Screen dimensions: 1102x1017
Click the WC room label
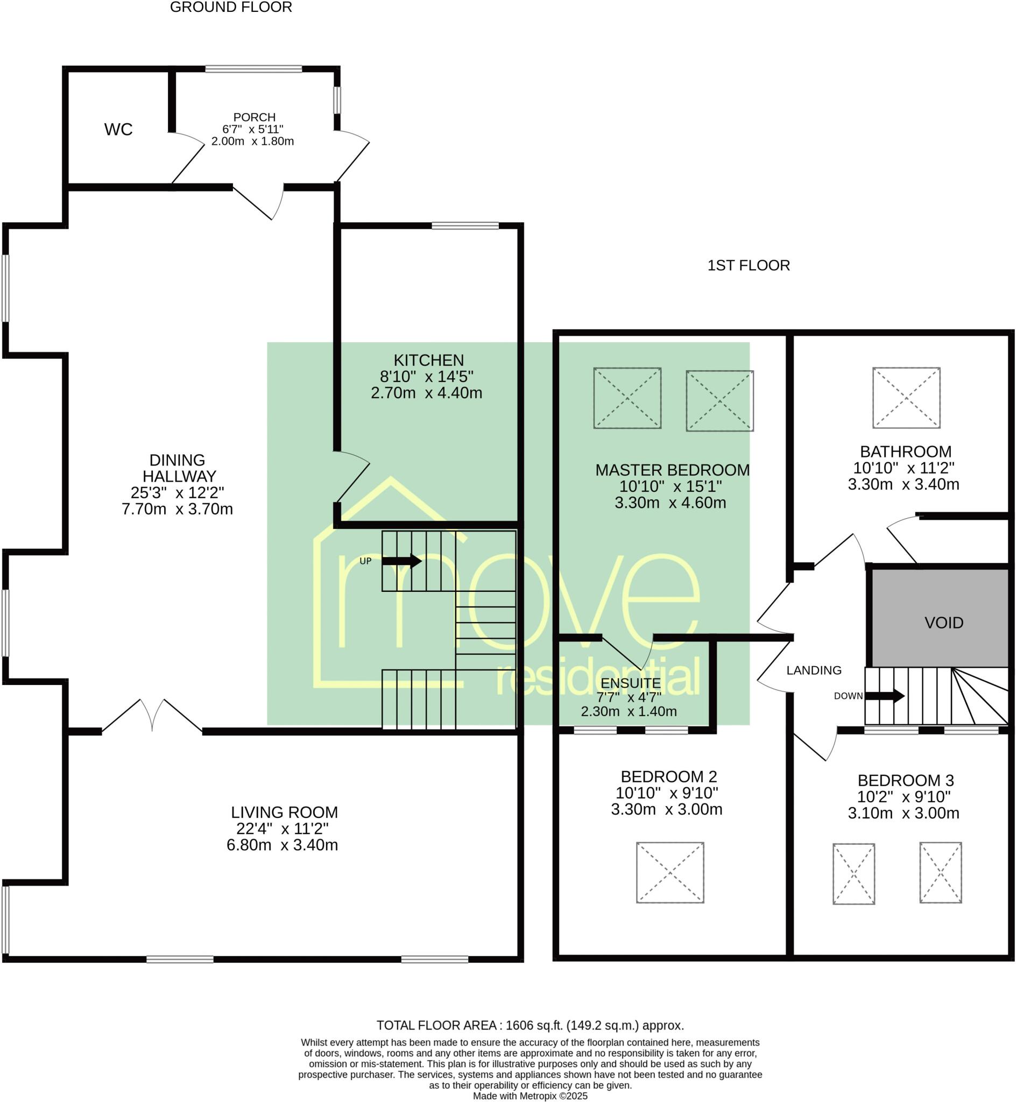(118, 130)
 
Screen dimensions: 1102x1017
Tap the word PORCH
(254, 117)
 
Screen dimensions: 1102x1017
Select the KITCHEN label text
(429, 361)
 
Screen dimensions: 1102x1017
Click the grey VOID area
(943, 623)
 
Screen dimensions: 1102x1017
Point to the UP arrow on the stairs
(402, 561)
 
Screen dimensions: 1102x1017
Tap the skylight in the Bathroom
(906, 398)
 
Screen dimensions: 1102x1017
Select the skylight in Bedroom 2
(670, 873)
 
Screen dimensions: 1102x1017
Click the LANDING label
(814, 670)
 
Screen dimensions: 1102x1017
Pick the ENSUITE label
(631, 683)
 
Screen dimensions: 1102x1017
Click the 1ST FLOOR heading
(748, 266)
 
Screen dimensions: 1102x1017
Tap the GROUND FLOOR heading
(231, 8)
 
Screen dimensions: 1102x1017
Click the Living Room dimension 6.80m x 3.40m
(282, 845)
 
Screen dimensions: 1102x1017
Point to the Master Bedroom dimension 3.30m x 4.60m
(670, 503)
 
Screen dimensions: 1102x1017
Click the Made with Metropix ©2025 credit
(530, 1096)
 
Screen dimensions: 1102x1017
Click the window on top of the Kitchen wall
(465, 225)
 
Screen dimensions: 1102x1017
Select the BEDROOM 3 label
(906, 781)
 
